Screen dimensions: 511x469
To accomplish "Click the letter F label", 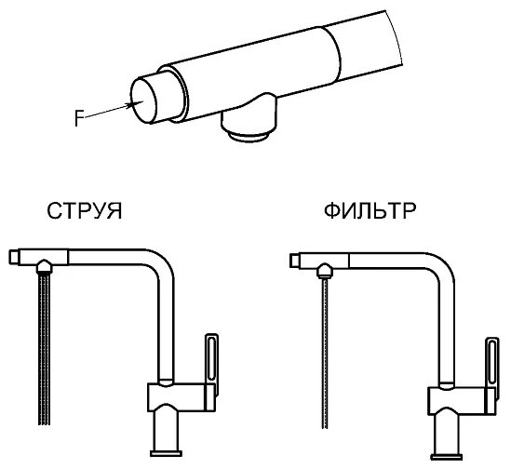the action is coord(78,118).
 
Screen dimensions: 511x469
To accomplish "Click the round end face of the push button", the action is coord(143,100).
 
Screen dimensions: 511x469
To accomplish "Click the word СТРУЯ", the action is coord(85,211).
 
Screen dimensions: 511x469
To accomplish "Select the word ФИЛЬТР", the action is coord(370,211).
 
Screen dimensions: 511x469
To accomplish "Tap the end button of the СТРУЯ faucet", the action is coord(13,257).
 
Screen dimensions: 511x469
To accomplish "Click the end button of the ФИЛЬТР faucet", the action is coord(294,261).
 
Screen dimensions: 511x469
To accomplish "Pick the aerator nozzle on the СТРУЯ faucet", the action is coord(44,266).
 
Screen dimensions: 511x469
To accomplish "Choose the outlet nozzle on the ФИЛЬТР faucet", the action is coord(325,271).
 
